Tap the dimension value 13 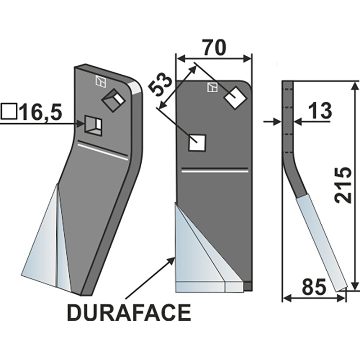tap(320, 111)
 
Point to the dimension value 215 tap(345, 185)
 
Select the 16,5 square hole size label tap(40, 112)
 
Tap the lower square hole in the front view tap(197, 143)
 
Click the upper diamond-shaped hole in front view tap(235, 97)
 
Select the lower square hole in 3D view tap(94, 124)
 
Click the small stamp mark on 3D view tap(100, 81)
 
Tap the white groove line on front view tap(215, 171)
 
